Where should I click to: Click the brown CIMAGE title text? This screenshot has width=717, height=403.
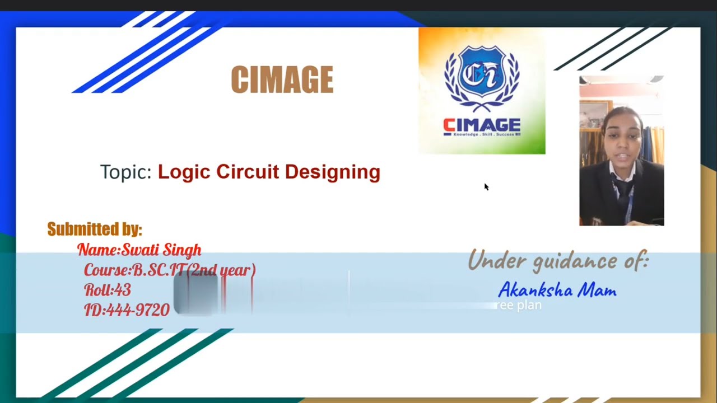tap(282, 79)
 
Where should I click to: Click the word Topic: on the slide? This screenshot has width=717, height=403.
tap(125, 172)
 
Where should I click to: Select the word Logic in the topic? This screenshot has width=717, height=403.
tap(184, 172)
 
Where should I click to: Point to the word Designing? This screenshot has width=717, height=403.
tap(332, 172)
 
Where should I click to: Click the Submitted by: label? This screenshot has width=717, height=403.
tap(94, 229)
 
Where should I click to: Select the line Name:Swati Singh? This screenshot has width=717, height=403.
tap(139, 250)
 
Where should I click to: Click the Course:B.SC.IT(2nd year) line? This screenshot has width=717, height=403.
tap(169, 270)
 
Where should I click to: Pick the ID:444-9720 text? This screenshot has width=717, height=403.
tap(127, 310)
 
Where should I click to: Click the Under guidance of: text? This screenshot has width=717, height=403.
tap(558, 261)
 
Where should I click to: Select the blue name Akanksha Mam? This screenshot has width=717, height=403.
tap(557, 290)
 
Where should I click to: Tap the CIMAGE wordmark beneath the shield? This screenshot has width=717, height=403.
tap(482, 125)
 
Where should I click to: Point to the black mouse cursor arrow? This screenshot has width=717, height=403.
tap(486, 186)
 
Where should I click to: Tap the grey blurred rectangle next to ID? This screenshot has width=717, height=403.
tap(195, 294)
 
